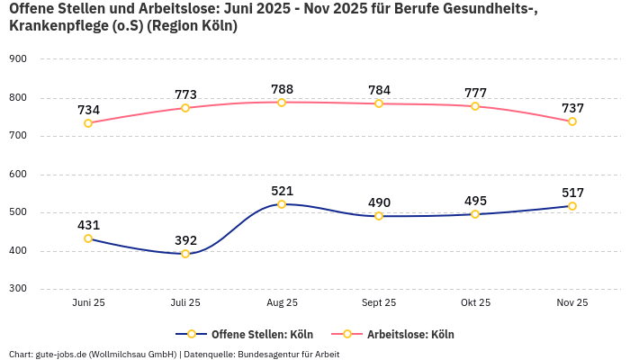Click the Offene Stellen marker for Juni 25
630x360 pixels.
88,238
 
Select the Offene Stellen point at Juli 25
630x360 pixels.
185,254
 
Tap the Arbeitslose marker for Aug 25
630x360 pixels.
282,103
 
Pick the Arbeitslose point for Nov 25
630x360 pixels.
572,121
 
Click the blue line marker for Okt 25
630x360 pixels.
475,214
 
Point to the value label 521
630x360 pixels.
282,191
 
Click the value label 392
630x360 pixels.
185,240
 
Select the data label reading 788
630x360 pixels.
282,89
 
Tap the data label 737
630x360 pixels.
572,108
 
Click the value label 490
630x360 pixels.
379,202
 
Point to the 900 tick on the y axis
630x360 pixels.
18,58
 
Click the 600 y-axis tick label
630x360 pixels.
18,174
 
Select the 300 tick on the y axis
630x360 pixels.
18,289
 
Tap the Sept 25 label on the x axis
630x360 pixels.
379,303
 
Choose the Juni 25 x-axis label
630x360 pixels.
88,303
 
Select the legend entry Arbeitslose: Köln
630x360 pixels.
409,334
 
